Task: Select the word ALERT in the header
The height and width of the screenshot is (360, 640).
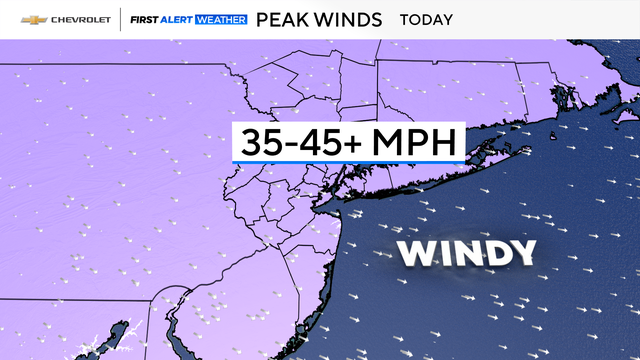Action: (x=179, y=20)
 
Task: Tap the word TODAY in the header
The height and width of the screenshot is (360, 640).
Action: (x=426, y=20)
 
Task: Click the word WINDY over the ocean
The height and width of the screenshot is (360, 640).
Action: (x=467, y=253)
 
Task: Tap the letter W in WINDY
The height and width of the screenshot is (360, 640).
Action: (x=417, y=253)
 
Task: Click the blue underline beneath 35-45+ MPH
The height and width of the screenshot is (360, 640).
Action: (x=349, y=161)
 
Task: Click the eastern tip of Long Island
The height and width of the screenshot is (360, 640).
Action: (x=527, y=150)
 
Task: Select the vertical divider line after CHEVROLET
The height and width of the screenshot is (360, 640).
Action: (x=121, y=20)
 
